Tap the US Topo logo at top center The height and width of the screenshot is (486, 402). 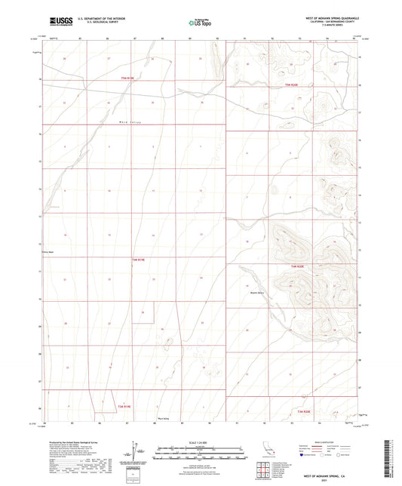[201, 23]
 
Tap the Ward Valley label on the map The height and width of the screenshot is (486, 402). [130, 121]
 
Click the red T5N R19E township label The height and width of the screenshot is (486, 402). [125, 78]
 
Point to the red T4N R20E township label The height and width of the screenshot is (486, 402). [299, 266]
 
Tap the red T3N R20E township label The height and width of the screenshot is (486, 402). [303, 411]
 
